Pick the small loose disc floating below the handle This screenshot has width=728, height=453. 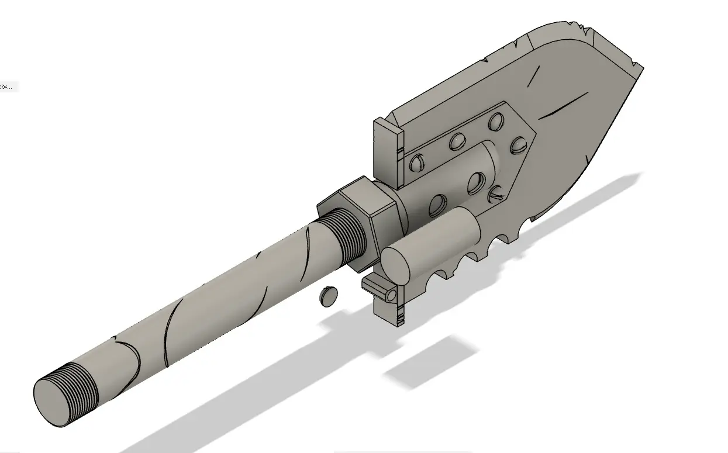pyautogui.click(x=329, y=295)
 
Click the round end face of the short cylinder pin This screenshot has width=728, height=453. pyautogui.click(x=396, y=265)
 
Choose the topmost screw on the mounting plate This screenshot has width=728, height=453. pyautogui.click(x=496, y=120)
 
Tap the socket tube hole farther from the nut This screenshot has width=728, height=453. pyautogui.click(x=475, y=184)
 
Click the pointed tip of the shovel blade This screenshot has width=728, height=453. pyautogui.click(x=640, y=70)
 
